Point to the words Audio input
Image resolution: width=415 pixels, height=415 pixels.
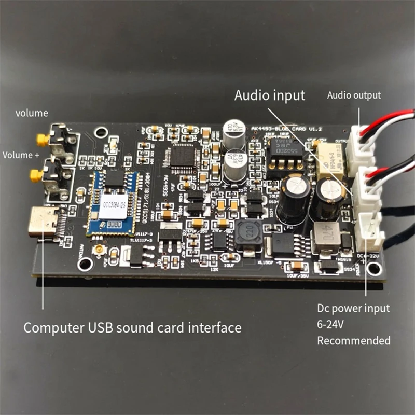(x=270, y=95)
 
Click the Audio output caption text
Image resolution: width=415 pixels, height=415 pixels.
(x=354, y=95)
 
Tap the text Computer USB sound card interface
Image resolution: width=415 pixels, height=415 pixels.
(x=133, y=328)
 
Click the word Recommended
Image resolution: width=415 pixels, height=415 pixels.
(x=354, y=341)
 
